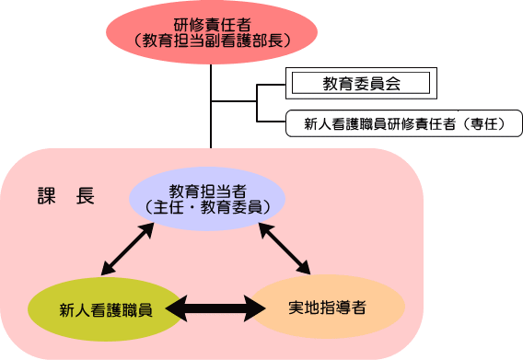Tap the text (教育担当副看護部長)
[212, 41]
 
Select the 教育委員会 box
[361, 84]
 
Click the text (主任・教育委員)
[207, 207]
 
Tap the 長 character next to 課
[85, 197]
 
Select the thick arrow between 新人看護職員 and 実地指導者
[218, 308]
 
